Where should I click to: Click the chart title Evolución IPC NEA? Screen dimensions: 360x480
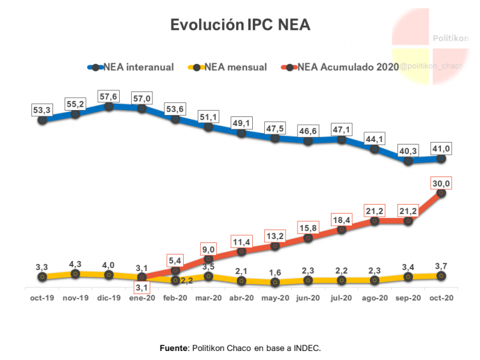coord(239,25)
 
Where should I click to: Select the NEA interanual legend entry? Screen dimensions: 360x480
coord(132,67)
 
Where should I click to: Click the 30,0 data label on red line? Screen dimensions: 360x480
coord(440,184)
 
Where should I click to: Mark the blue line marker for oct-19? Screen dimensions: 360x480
coord(42,120)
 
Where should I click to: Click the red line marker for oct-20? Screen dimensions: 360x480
coord(441,193)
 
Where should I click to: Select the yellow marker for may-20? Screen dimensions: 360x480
coord(275,282)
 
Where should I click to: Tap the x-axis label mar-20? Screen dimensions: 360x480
coord(208,298)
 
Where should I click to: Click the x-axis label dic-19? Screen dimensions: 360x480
coord(109,298)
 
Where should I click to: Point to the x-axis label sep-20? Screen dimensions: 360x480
coord(408,298)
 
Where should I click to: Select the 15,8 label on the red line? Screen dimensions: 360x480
coord(307,227)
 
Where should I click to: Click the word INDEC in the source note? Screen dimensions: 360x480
coord(305,348)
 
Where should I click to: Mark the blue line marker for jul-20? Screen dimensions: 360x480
coord(341,139)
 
